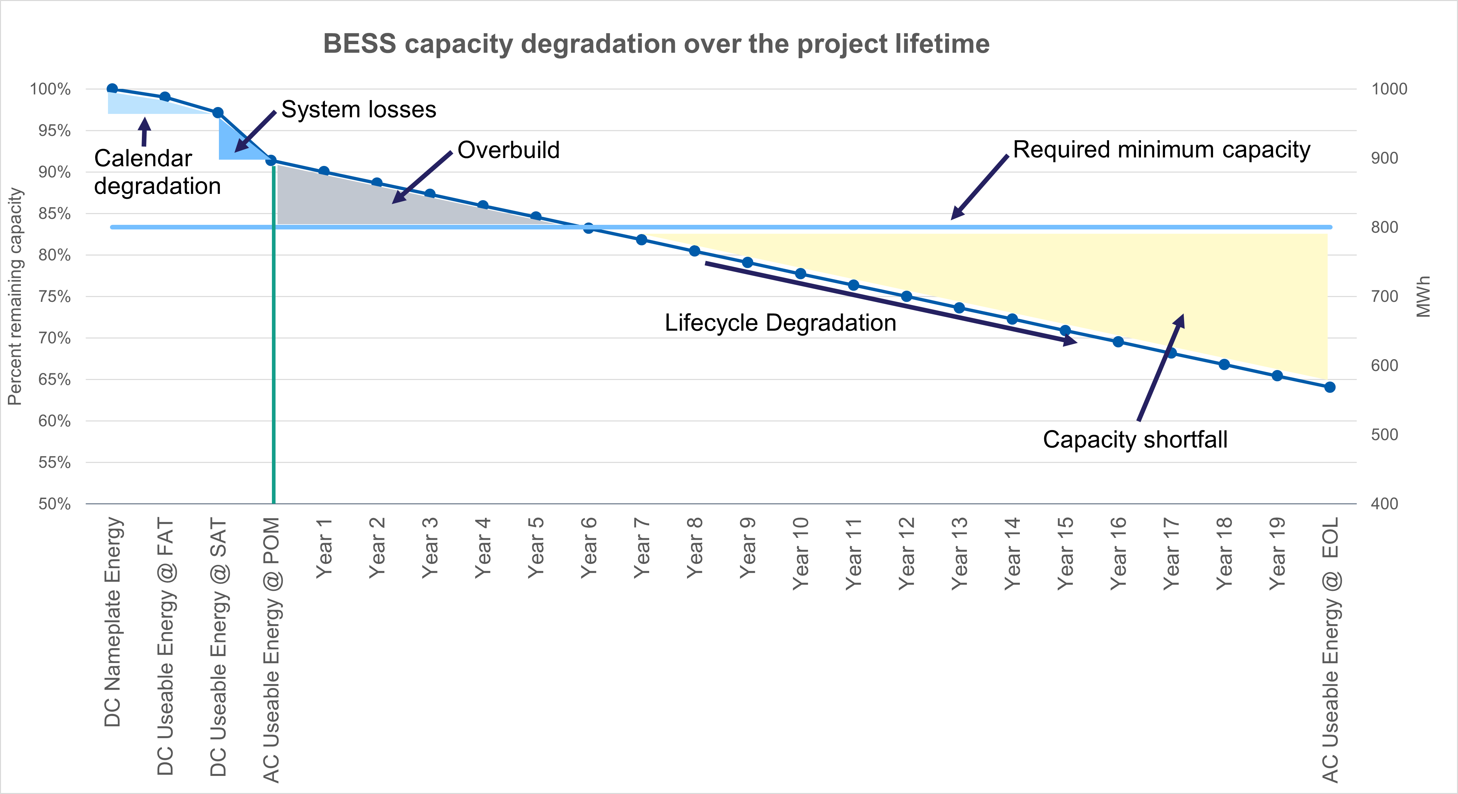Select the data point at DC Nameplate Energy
(112, 89)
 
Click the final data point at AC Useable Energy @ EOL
(1330, 387)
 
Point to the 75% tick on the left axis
(54, 297)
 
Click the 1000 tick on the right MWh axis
(1389, 89)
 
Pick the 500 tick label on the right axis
(1384, 435)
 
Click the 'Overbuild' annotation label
(508, 150)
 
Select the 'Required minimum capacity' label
(1161, 150)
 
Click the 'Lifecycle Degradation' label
(780, 323)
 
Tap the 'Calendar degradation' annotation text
(157, 172)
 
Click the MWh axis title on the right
(1423, 297)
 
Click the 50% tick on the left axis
(54, 504)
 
